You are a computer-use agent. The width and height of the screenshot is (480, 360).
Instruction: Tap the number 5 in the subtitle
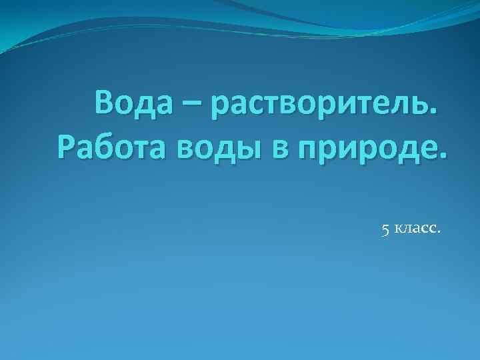[x=385, y=230]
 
